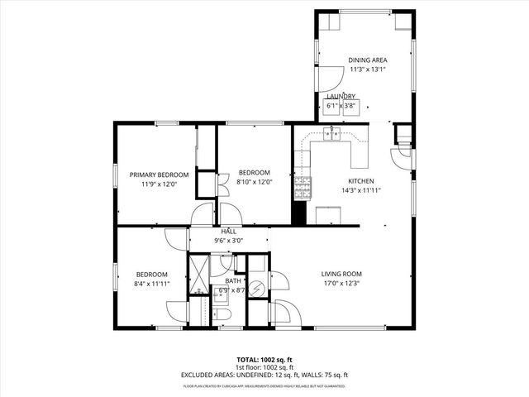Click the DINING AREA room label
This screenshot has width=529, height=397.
pyautogui.click(x=368, y=60)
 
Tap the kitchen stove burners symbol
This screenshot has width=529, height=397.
pyautogui.click(x=302, y=189)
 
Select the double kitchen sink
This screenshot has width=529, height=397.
pyautogui.click(x=334, y=134)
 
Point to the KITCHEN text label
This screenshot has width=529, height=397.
pyautogui.click(x=360, y=180)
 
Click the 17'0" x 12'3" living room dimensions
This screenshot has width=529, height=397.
pyautogui.click(x=341, y=284)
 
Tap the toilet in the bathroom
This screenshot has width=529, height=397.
pyautogui.click(x=222, y=316)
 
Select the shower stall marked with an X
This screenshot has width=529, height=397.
pyautogui.click(x=198, y=270)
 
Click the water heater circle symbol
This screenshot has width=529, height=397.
pyautogui.click(x=257, y=289)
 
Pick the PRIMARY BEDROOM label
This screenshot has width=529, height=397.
pyautogui.click(x=160, y=175)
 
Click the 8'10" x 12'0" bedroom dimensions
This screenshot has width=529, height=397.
pyautogui.click(x=255, y=182)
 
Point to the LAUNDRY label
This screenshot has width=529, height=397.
pyautogui.click(x=341, y=97)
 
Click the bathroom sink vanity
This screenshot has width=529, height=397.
pyautogui.click(x=222, y=266)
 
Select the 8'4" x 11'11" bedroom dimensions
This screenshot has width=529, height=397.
pyautogui.click(x=152, y=284)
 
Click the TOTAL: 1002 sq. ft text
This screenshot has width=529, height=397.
pyautogui.click(x=264, y=360)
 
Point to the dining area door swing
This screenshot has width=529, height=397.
pyautogui.click(x=329, y=79)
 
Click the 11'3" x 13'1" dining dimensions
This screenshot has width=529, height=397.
pyautogui.click(x=368, y=69)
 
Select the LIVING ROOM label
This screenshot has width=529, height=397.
pyautogui.click(x=341, y=274)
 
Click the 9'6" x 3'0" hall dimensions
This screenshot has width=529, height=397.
pyautogui.click(x=229, y=240)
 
